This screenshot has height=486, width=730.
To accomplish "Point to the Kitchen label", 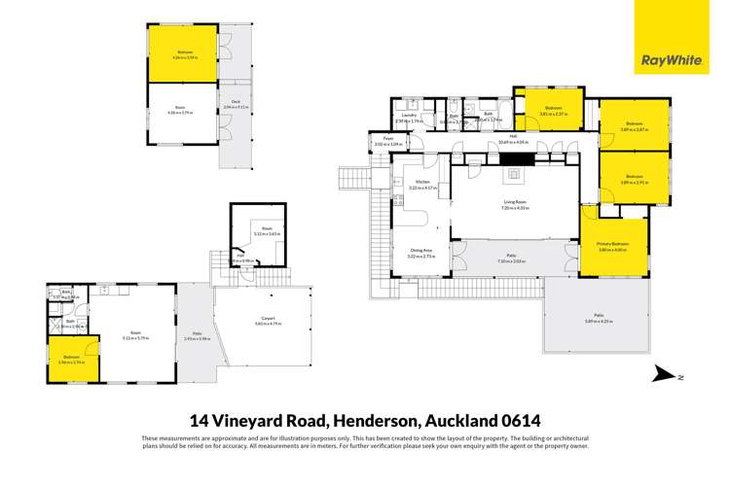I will pos(422,183).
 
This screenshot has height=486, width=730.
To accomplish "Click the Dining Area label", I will pos(421,252).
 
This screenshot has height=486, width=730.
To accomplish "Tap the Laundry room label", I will pos(407,118).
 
